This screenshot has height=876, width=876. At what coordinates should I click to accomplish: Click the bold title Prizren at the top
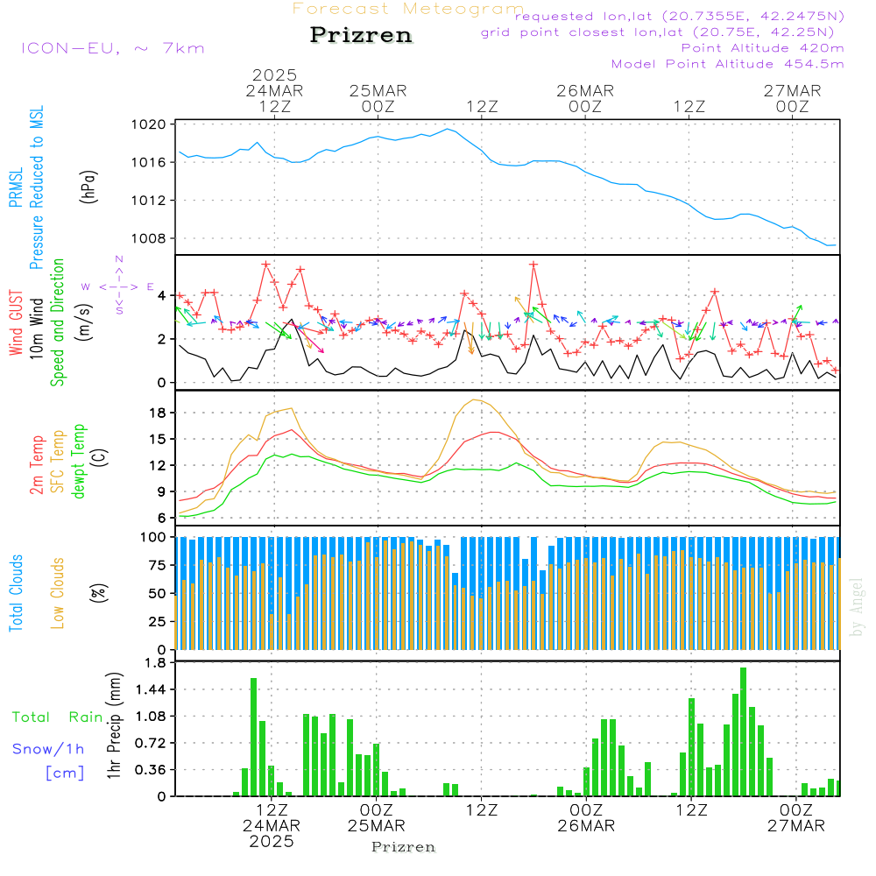(x=360, y=35)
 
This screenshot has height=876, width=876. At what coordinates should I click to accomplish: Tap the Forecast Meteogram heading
(x=408, y=9)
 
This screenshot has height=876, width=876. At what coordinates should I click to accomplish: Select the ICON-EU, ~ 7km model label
(x=112, y=48)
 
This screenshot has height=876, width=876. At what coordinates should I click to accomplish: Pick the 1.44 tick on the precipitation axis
(x=152, y=690)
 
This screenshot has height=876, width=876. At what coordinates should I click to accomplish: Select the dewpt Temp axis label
(x=79, y=462)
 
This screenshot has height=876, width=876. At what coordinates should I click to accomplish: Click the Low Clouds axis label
(x=58, y=592)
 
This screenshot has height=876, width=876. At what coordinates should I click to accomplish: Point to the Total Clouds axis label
(x=17, y=592)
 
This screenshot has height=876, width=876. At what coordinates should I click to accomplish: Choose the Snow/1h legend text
(x=48, y=749)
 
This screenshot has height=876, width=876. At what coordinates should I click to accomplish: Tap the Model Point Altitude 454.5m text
(x=727, y=64)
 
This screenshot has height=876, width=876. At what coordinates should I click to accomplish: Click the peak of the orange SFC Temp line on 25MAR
(x=476, y=399)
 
